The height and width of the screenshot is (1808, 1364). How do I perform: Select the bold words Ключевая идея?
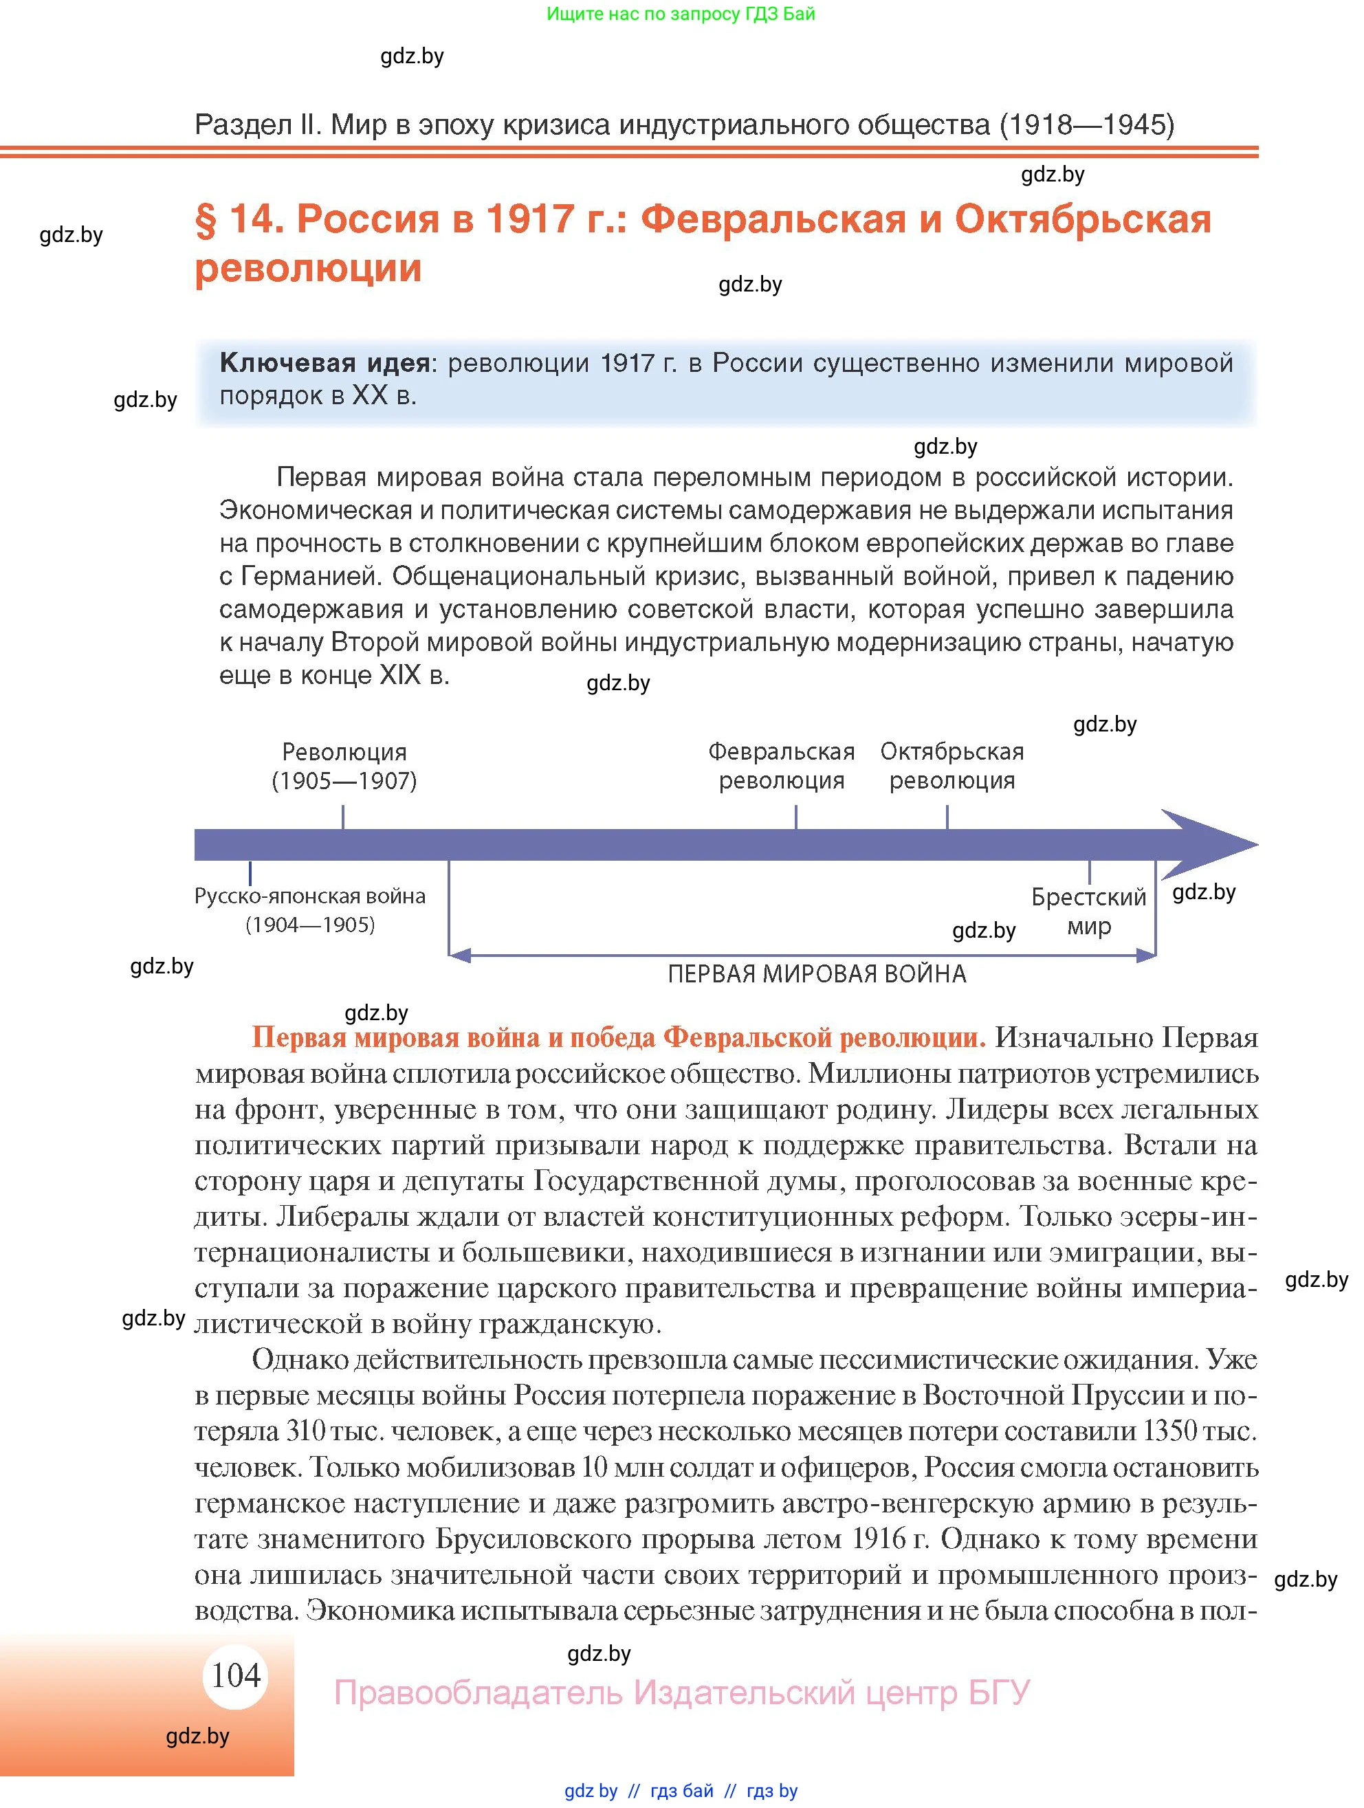(x=324, y=362)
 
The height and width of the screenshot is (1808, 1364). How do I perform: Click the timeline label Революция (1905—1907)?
(x=344, y=766)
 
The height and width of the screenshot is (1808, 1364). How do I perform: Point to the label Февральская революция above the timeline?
(x=781, y=765)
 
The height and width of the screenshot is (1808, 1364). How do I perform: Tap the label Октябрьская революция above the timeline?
(x=951, y=765)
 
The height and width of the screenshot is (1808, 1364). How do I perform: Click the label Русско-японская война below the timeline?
(x=310, y=896)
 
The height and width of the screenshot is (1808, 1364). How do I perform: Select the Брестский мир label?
(x=1088, y=912)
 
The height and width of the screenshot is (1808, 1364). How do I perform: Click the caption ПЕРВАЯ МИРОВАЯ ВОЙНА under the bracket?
(x=817, y=973)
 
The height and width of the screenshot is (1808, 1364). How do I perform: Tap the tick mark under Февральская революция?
(x=796, y=817)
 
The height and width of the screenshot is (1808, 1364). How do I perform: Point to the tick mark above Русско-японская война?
(x=250, y=872)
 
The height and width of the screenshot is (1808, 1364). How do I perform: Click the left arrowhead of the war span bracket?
(x=459, y=954)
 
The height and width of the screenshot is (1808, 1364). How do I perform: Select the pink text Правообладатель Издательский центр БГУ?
(x=681, y=1692)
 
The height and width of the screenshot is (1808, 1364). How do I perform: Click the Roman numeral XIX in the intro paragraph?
(x=399, y=675)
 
